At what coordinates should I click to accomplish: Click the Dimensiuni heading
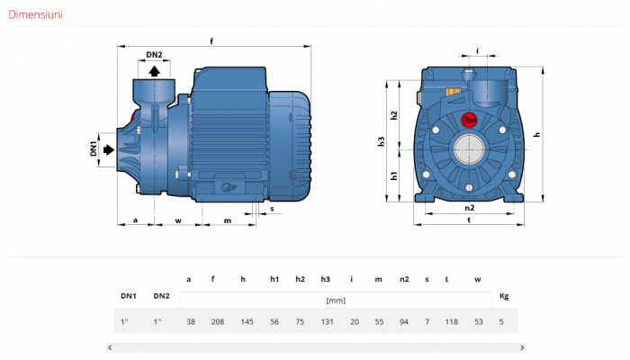pos(35,15)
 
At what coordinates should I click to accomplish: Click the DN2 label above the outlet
pos(154,55)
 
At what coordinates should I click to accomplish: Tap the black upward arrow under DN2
pos(154,71)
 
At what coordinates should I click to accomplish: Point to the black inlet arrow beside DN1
pos(109,150)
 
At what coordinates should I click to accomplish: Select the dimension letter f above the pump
pos(211,41)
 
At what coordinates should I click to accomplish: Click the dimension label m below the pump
pos(228,220)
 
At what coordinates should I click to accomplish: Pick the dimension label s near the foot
pos(272,209)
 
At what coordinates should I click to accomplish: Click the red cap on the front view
pos(469,120)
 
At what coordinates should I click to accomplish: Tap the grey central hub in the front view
pos(469,149)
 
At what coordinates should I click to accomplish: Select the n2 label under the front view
pos(469,208)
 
